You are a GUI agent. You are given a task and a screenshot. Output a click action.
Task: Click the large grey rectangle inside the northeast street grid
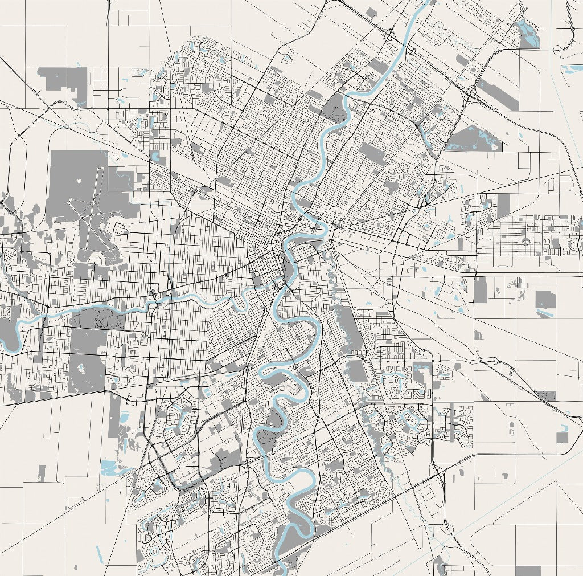(372, 154)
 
